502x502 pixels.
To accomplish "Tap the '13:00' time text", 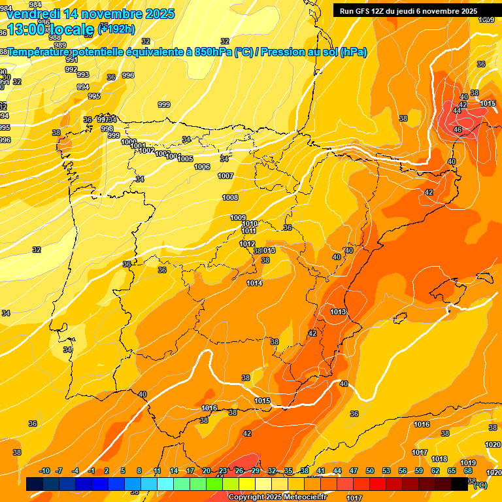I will pos(27,29).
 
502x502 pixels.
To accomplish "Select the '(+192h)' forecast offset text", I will pos(116,29).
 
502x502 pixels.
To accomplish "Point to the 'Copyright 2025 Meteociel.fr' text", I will pos(278,497).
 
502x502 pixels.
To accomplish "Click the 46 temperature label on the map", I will pos(458,129).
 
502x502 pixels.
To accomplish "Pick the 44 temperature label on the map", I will pos(456,110).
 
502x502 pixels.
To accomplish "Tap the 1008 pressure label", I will pos(230,197).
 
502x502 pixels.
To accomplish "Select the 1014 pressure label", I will pos(254,283).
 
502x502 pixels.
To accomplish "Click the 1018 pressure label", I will pos(439,459).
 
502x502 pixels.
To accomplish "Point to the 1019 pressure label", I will pos(468,463).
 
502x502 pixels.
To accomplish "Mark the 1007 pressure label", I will pos(226,176).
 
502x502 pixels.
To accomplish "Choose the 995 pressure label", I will pos(94,96).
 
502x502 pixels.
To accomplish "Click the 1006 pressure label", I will pos(202,167).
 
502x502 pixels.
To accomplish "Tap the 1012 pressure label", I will pos(247,244).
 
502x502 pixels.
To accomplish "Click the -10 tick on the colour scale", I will pos(44,471).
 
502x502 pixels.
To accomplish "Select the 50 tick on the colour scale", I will pos(370,471).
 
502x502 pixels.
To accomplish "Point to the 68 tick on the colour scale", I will pos(468,471).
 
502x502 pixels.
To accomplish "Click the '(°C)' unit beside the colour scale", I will pos(480,484).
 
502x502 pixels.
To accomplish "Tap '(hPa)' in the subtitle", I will pos(353,52).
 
